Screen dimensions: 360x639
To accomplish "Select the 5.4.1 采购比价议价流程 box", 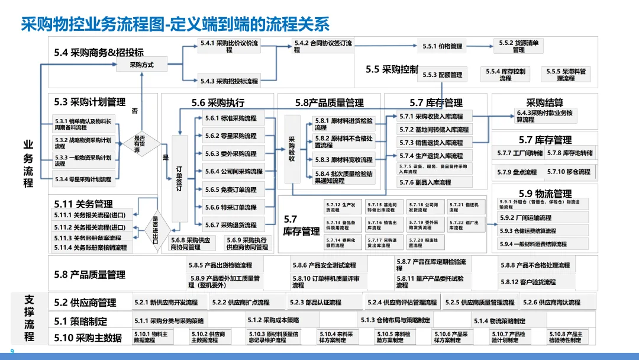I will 228,46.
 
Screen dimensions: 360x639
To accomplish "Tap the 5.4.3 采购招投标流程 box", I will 228,81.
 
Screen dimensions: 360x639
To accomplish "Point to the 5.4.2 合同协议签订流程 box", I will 323,46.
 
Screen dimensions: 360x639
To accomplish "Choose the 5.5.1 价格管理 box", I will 442,46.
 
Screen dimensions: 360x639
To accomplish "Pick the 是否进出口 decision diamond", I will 155,226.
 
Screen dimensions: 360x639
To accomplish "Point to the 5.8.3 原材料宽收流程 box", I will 344,160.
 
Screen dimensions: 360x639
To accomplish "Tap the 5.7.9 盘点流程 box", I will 517,172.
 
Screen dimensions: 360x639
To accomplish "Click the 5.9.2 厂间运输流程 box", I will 543,218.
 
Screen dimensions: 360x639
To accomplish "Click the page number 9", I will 12,351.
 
